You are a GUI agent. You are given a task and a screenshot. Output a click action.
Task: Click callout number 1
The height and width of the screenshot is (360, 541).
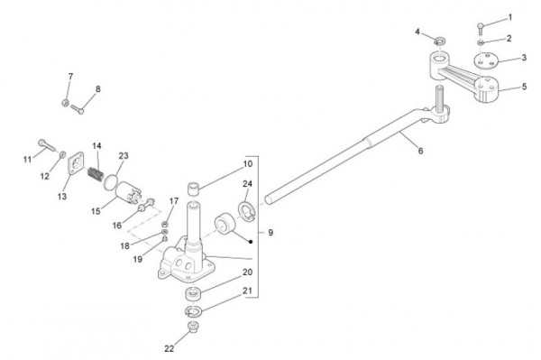(510, 18)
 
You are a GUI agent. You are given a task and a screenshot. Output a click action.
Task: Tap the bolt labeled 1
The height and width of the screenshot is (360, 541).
(481, 29)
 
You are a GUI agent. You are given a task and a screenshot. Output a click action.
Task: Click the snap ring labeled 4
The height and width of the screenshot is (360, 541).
(439, 42)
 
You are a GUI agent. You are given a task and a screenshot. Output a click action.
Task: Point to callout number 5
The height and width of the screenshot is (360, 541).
(524, 87)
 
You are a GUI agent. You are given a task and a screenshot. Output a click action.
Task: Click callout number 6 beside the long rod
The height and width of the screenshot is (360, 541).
(420, 151)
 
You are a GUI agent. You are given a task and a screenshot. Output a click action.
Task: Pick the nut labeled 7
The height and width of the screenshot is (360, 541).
(65, 103)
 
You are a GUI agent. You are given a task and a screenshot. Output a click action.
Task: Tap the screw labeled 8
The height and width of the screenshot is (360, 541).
(78, 109)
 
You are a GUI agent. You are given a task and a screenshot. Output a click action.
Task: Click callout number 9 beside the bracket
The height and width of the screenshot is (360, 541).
(270, 232)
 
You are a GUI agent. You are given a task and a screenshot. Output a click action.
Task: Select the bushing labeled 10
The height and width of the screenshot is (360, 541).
(194, 189)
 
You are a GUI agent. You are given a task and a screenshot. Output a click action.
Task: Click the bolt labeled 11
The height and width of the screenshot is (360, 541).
(47, 145)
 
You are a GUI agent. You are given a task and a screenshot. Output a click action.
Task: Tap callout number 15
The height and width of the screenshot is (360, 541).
(96, 211)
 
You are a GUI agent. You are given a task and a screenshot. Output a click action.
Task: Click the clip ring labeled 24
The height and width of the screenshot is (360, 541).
(247, 211)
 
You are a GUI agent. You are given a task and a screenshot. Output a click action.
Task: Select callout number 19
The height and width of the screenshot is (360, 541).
(138, 259)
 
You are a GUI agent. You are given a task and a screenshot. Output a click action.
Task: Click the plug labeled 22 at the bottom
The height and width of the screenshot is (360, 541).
(191, 327)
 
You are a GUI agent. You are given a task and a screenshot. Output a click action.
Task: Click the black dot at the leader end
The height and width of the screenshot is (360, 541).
(251, 242)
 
